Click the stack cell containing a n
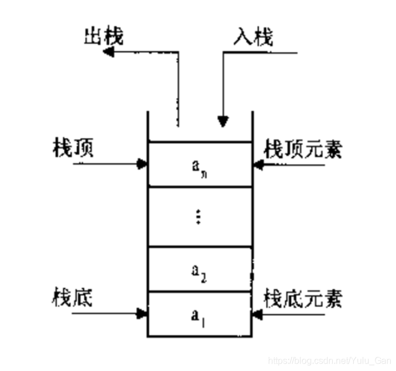pos(199,165)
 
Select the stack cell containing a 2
pos(199,270)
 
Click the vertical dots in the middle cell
pos(198,217)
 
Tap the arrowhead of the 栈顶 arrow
pos(143,164)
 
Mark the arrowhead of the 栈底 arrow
pos(142,312)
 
